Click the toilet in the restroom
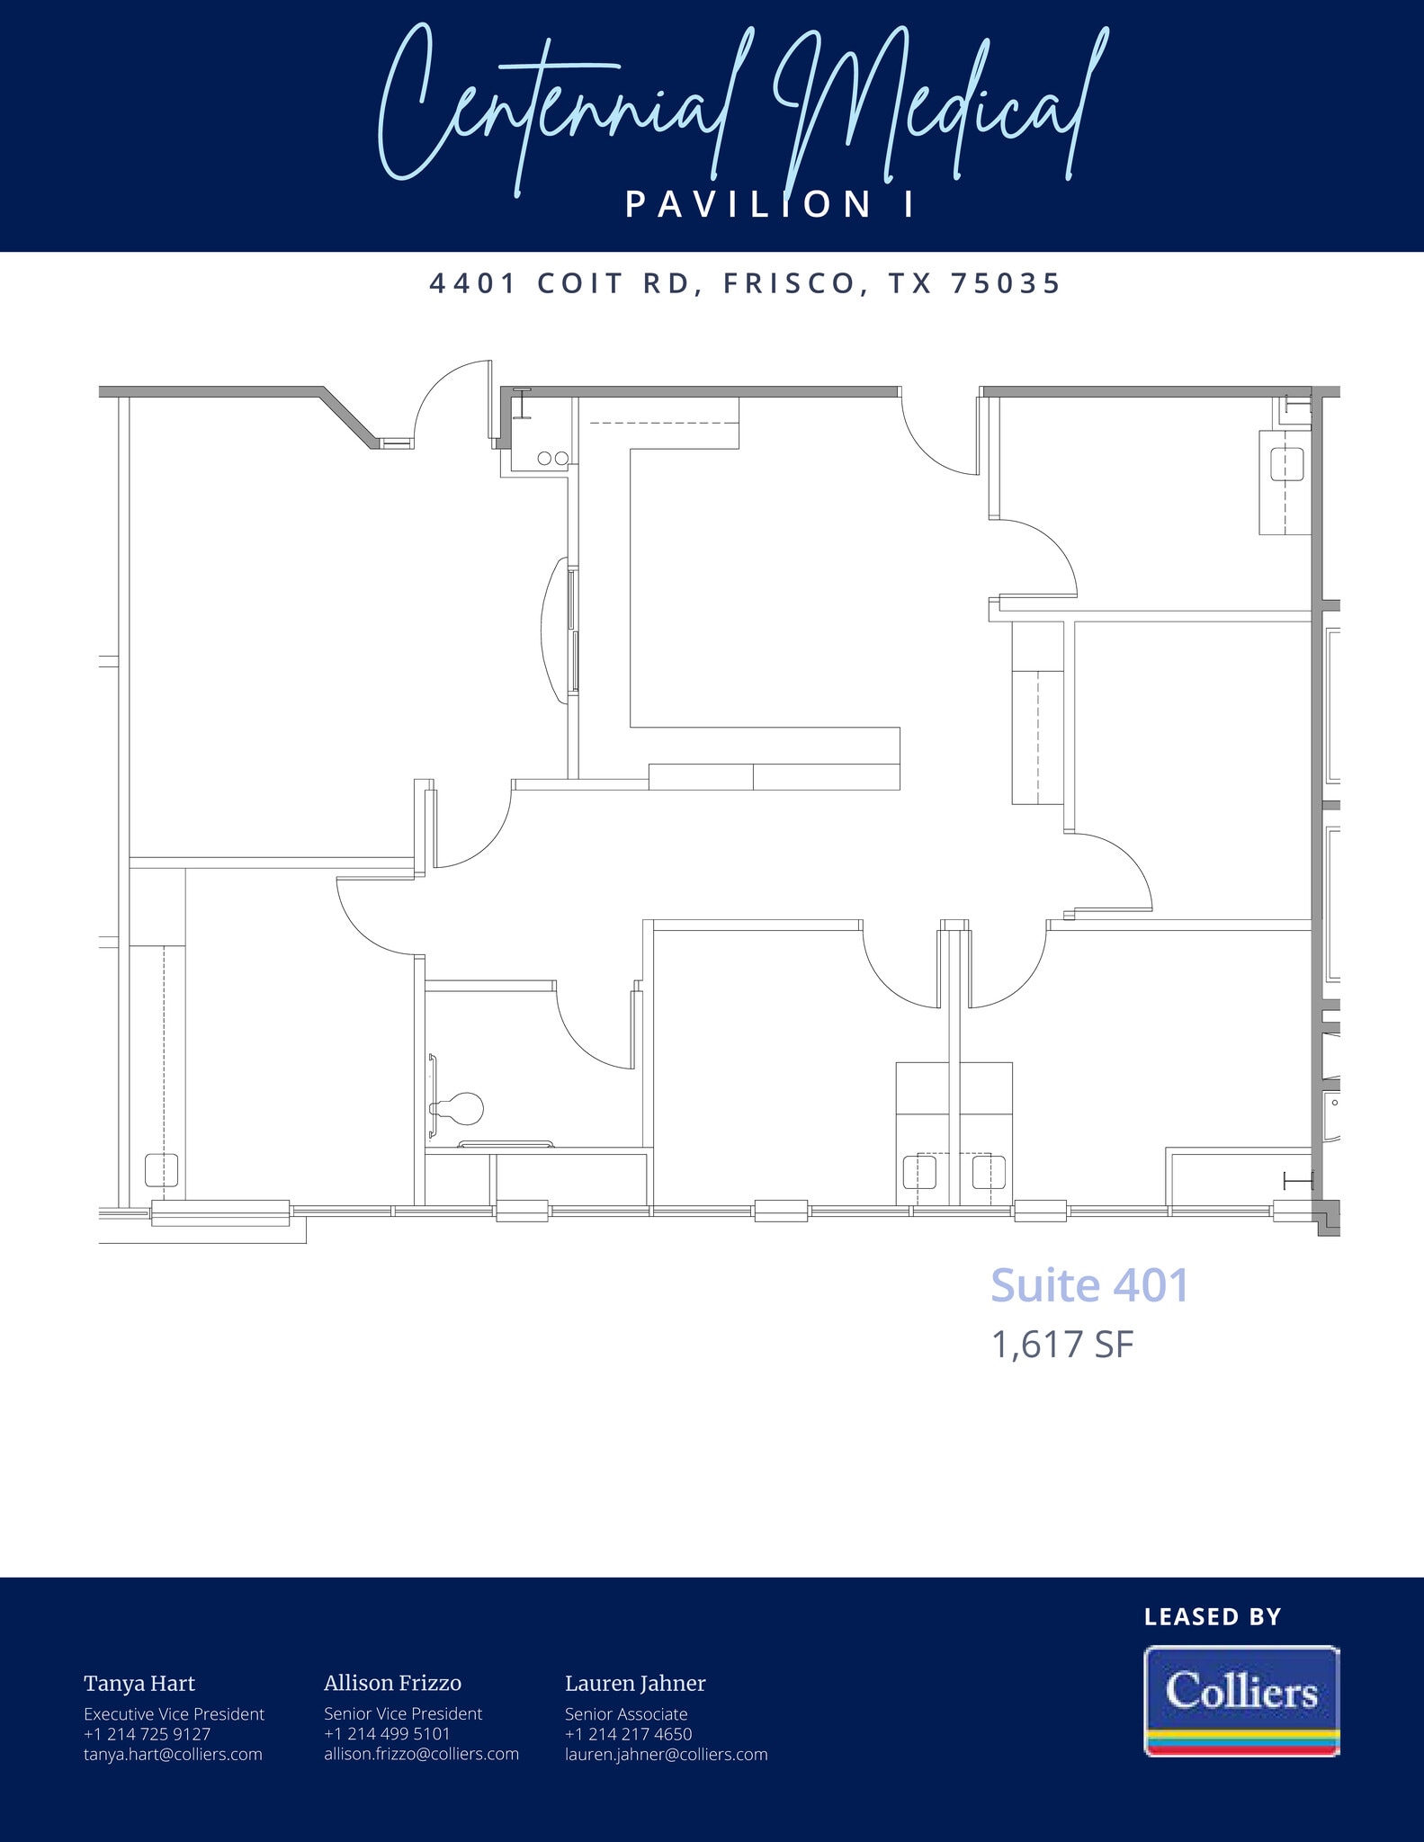[461, 1108]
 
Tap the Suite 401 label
[1089, 1285]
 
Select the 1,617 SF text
[1062, 1346]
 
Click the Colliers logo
[1241, 1700]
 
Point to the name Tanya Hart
[139, 1684]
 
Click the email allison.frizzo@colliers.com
[421, 1754]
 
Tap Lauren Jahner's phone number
[628, 1733]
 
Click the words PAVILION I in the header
[770, 205]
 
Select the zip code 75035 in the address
[1006, 283]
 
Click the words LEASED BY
[1212, 1617]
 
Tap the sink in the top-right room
[1286, 465]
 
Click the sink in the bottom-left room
[161, 1171]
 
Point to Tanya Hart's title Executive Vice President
[174, 1714]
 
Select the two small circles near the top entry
[552, 459]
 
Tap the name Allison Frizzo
[392, 1684]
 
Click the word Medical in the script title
[936, 108]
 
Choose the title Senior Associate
[626, 1714]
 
